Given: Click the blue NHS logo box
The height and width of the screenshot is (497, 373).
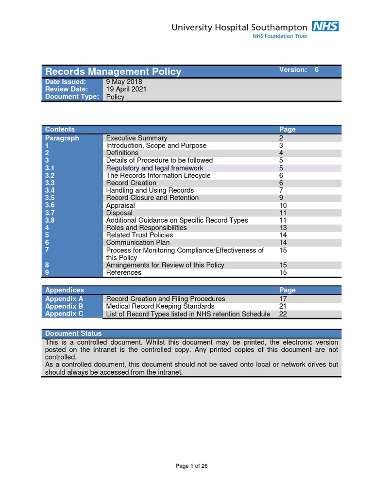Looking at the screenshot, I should point(325,26).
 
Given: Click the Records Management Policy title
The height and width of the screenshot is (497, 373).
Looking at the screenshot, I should point(113,71).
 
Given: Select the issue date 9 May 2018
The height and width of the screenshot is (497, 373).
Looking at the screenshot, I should point(124,82).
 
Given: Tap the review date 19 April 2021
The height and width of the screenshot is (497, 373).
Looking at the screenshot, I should point(126,89).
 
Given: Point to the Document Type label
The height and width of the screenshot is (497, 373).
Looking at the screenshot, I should point(72,97).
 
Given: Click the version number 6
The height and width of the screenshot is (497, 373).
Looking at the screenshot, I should point(317,70).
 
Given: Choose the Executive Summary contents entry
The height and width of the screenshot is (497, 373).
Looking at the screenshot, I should point(136,138).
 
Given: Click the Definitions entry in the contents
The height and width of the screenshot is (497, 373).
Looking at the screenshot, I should point(122,153).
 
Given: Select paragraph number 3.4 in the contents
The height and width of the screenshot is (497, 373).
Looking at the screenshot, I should point(50,190).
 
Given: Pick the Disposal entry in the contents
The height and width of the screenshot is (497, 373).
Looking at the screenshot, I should point(119,213).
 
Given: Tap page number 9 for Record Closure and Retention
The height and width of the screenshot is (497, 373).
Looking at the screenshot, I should point(281,198).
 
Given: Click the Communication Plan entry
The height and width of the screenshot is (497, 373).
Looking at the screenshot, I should point(136,243).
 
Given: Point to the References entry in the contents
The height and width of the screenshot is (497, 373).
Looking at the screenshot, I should point(124,272).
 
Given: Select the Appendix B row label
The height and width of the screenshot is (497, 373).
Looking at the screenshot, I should point(64,306).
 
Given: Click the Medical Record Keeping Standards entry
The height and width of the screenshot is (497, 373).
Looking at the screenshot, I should point(160,306).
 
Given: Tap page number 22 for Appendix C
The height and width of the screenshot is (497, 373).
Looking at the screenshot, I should point(283,314).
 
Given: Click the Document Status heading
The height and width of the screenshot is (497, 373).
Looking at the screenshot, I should point(73,333).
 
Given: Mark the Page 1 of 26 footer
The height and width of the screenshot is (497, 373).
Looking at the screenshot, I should point(191,466).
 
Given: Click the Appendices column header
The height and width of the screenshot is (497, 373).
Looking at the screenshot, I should point(65,290).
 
